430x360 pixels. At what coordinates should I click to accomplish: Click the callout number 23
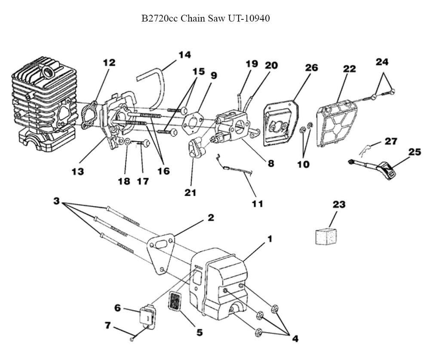(x=339, y=204)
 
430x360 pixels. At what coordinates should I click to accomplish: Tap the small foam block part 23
(x=326, y=237)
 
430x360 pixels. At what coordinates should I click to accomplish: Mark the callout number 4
(x=295, y=338)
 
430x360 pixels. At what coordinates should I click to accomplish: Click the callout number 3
(x=56, y=201)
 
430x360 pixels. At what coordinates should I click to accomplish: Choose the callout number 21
(x=190, y=193)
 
